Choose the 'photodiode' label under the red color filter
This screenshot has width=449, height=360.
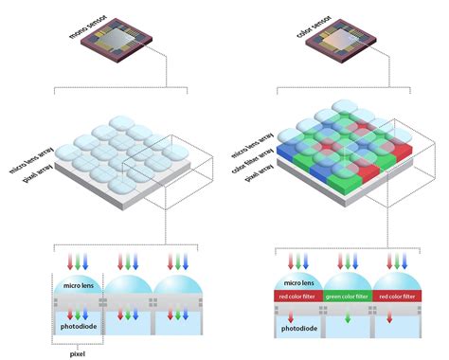[x=297, y=330]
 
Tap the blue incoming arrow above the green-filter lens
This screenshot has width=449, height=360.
[x=358, y=260]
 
